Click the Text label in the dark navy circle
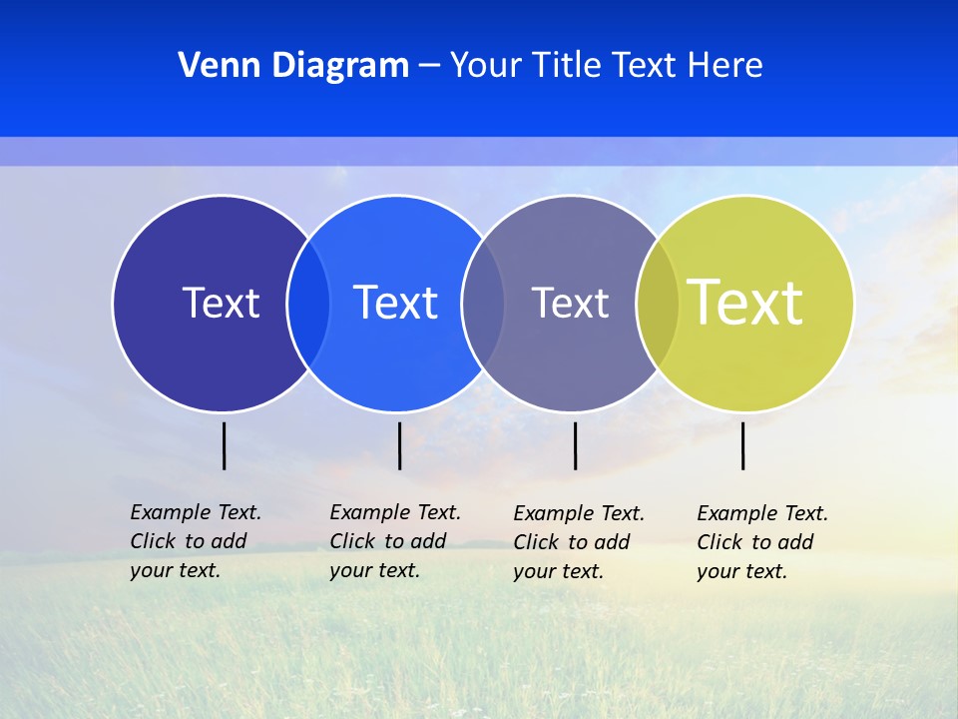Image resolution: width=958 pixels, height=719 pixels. point(221,303)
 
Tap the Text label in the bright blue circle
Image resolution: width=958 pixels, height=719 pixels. point(395,303)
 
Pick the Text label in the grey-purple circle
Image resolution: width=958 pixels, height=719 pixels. point(570,303)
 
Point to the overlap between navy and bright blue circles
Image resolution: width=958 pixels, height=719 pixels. point(308,304)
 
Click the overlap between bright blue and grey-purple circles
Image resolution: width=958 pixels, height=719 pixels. point(483,304)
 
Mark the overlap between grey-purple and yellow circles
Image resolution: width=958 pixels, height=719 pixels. point(658,304)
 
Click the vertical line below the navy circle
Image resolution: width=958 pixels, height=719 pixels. point(224,445)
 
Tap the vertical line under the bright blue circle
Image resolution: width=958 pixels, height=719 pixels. point(399,445)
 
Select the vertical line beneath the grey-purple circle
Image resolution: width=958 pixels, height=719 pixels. point(575,445)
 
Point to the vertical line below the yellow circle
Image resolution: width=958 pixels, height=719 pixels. point(742,445)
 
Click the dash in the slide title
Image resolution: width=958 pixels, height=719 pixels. point(429,66)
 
